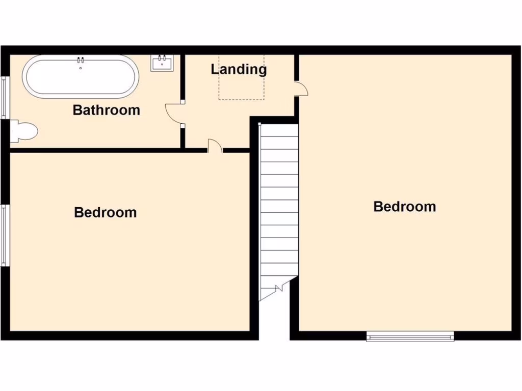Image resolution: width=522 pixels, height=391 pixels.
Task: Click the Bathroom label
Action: pyautogui.click(x=106, y=110)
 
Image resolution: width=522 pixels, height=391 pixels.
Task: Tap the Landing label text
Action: pyautogui.click(x=239, y=69)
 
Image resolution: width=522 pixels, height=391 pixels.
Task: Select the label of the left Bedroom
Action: pyautogui.click(x=106, y=212)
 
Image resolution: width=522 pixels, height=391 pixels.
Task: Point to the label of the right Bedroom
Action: pyautogui.click(x=405, y=207)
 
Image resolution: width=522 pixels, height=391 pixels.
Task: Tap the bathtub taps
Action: pyautogui.click(x=80, y=61)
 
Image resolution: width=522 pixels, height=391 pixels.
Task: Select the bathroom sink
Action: pyautogui.click(x=162, y=63)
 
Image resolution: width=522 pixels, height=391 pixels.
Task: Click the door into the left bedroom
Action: pyautogui.click(x=215, y=147)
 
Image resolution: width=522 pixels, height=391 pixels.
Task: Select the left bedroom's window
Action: pyautogui.click(x=4, y=235)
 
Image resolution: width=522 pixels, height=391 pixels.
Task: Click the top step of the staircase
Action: pyautogui.click(x=279, y=130)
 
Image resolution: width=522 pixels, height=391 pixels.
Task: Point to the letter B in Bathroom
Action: pyautogui.click(x=78, y=110)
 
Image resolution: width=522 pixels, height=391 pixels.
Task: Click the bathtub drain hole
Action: pyautogui.click(x=81, y=68)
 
